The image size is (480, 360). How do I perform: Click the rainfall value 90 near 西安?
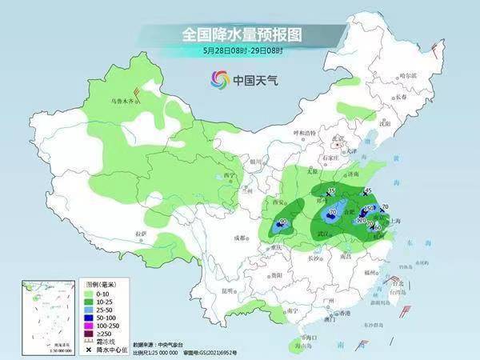click(283, 222)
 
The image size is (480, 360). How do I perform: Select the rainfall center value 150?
click(370, 208)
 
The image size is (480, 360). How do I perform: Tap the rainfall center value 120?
click(361, 220)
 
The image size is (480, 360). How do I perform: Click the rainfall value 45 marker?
click(368, 190)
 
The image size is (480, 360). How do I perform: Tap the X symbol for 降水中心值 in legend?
click(89, 350)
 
